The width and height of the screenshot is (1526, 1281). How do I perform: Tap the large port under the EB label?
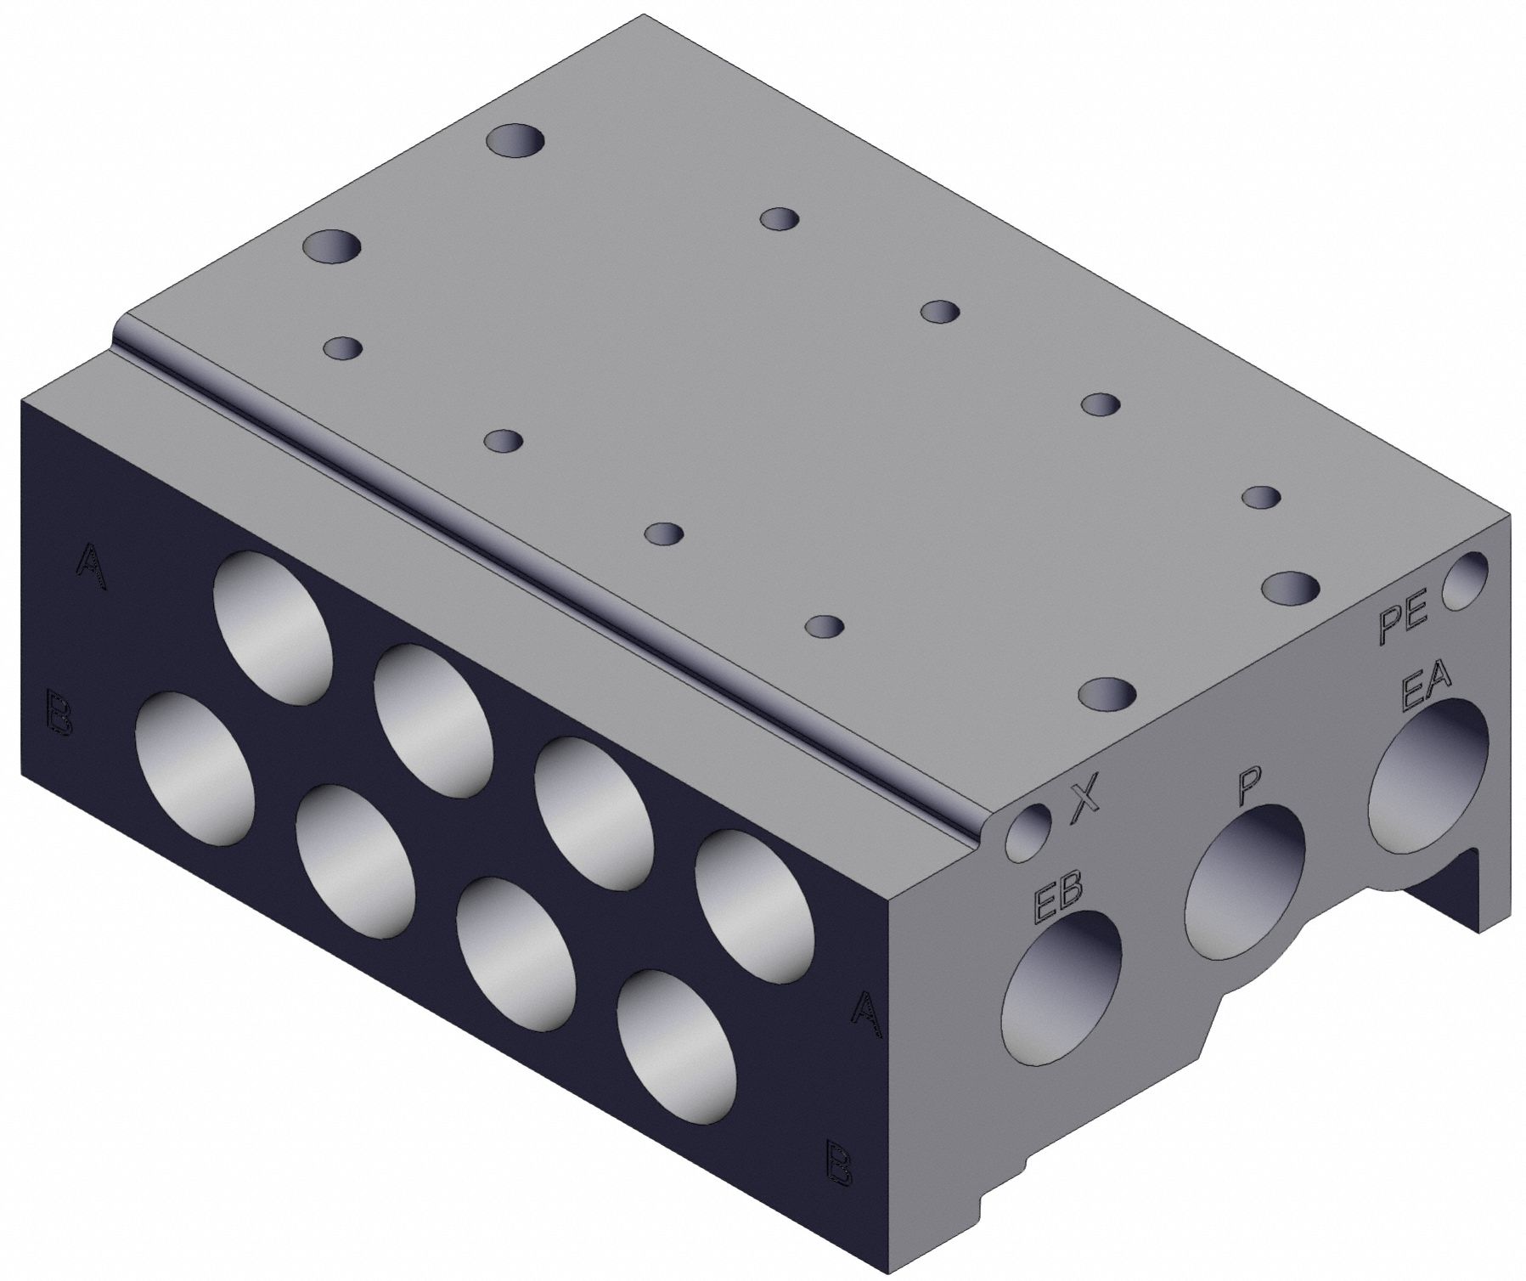click(1061, 985)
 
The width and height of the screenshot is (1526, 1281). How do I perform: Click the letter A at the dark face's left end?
click(92, 564)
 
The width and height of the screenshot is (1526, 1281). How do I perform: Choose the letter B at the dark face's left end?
click(58, 714)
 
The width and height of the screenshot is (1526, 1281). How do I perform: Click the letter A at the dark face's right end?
click(865, 1012)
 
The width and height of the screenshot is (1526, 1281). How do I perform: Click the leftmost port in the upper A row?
click(273, 626)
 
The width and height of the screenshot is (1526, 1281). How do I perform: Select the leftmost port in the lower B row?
click(194, 768)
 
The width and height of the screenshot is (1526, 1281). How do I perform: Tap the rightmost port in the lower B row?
click(677, 1047)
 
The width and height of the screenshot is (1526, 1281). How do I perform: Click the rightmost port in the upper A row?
click(752, 906)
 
